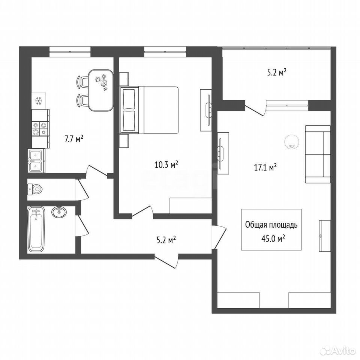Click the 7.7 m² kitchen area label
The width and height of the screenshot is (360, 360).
tap(74, 139)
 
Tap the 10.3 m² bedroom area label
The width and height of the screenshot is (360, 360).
tap(166, 165)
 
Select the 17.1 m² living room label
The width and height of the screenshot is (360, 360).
tap(265, 167)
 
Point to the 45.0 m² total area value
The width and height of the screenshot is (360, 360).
tap(273, 239)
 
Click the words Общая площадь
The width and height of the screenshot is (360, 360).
tap(271, 225)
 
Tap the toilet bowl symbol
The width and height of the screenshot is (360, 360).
tap(35, 189)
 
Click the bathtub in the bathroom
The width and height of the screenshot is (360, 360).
tap(36, 229)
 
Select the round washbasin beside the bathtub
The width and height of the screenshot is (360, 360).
tap(60, 212)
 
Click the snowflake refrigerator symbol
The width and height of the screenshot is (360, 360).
tap(39, 101)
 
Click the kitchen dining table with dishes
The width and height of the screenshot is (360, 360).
tap(101, 90)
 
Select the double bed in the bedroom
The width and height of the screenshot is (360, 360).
tap(149, 110)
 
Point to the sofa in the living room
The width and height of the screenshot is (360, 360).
tap(318, 154)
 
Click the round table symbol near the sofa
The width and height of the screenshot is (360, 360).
tap(292, 142)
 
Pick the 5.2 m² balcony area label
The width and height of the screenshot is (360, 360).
tap(277, 73)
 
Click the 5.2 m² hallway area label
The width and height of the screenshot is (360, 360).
tap(166, 240)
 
